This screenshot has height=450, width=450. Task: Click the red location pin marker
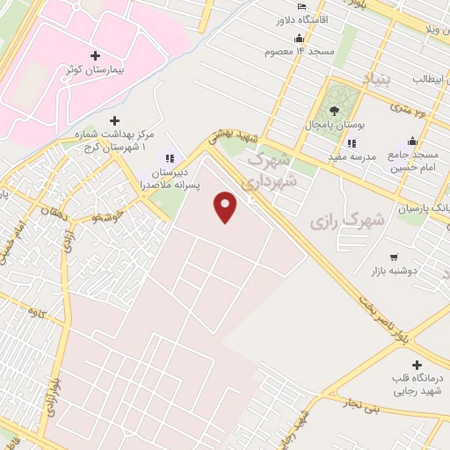click(226, 207)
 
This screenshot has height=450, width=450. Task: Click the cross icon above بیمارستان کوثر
click(95, 54)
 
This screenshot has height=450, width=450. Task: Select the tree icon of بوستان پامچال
click(333, 110)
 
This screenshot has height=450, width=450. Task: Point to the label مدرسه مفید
click(328, 156)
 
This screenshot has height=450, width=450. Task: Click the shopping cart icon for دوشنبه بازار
click(393, 258)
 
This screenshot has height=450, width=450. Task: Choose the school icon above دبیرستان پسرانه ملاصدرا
click(169, 158)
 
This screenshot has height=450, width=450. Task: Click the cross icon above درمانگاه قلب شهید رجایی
click(417, 364)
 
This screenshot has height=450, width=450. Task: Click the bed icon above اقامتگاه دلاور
click(302, 7)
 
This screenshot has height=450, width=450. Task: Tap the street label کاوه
click(35, 311)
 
